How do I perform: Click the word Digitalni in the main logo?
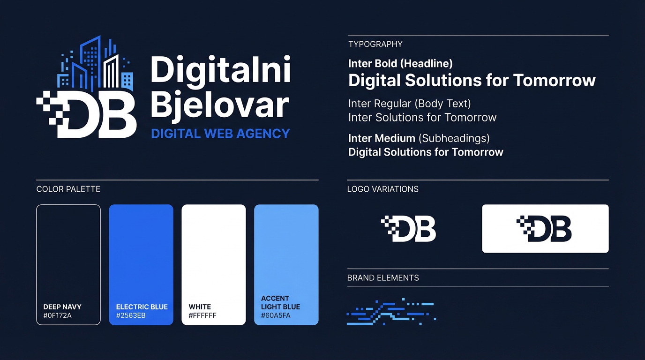tap(220, 71)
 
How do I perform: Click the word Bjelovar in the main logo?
tap(219, 106)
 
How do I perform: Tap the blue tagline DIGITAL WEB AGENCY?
tap(220, 134)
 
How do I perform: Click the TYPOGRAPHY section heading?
tap(375, 44)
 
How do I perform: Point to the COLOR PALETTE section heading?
tap(68, 189)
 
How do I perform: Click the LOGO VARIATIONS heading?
tap(382, 189)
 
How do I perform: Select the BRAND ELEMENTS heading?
tap(383, 277)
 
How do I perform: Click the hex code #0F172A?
tap(57, 315)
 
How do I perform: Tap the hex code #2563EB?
tap(131, 315)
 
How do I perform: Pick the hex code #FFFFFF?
tap(202, 315)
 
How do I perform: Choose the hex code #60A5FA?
tap(276, 315)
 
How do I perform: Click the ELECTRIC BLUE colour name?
tap(142, 307)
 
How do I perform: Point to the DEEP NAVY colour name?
tap(62, 307)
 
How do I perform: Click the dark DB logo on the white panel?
tap(544, 229)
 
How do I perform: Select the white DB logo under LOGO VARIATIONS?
tap(409, 229)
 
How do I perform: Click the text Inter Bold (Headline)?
tap(400, 63)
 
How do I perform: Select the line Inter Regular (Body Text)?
tap(409, 103)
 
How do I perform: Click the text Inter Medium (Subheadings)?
tap(419, 138)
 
